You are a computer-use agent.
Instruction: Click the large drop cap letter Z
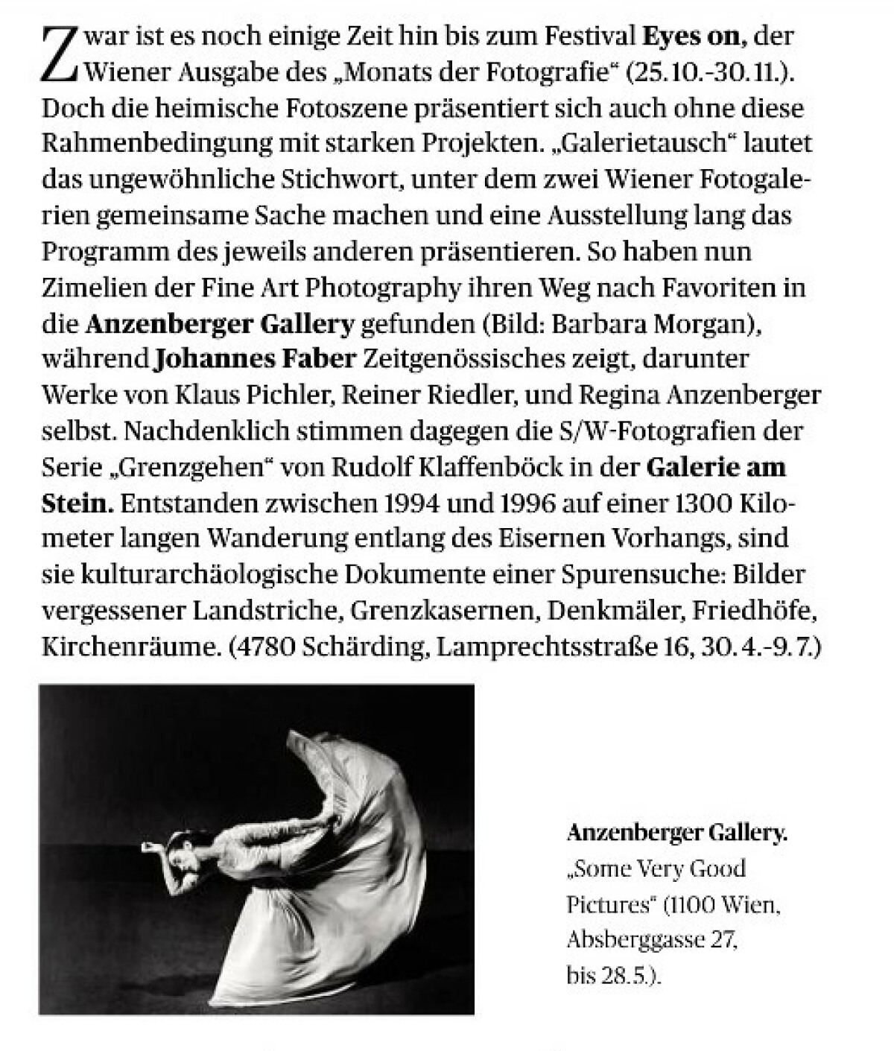[60, 54]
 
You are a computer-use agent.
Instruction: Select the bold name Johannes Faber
[255, 360]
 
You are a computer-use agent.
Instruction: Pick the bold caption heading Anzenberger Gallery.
[676, 833]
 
